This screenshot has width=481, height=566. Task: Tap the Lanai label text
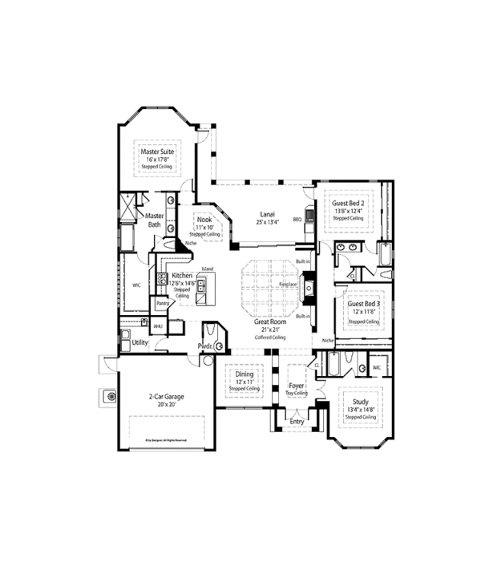pyautogui.click(x=268, y=214)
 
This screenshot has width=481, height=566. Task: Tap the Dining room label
pyautogui.click(x=244, y=373)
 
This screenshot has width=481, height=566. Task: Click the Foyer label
pyautogui.click(x=297, y=386)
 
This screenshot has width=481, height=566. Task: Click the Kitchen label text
pyautogui.click(x=182, y=276)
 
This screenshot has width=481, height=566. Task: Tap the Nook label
pyautogui.click(x=204, y=219)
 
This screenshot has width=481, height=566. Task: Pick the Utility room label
pyautogui.click(x=139, y=342)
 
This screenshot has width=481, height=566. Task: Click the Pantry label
pyautogui.click(x=162, y=304)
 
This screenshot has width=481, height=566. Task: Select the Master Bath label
pyautogui.click(x=154, y=220)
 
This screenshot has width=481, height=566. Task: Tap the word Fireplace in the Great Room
pyautogui.click(x=289, y=285)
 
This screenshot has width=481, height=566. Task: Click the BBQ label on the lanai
pyautogui.click(x=297, y=218)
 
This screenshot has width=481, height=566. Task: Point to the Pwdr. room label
pyautogui.click(x=205, y=346)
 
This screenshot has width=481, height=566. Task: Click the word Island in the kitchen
pyautogui.click(x=207, y=268)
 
